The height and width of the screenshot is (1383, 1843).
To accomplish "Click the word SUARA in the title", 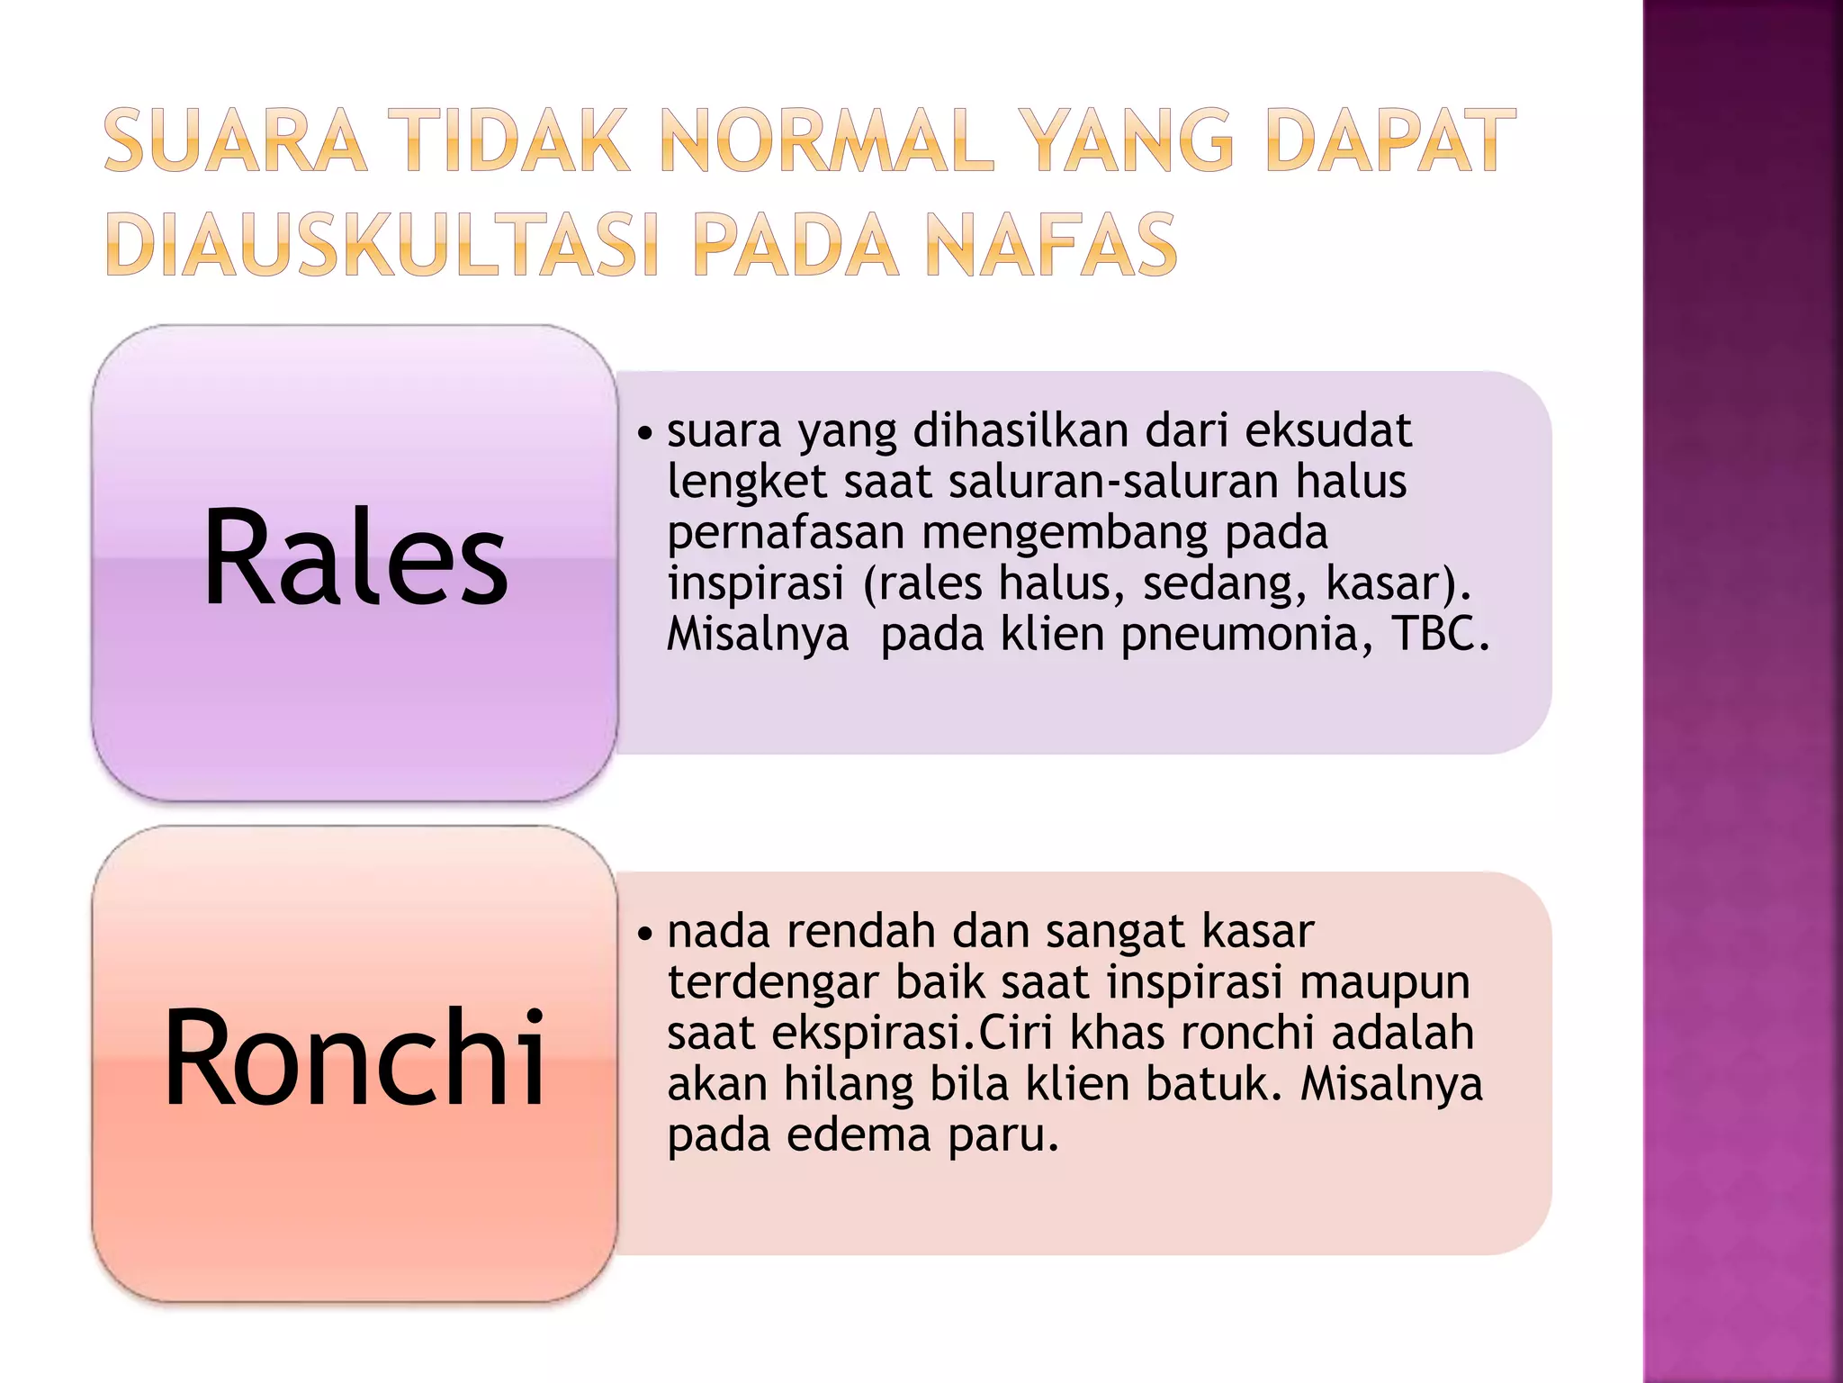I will [x=236, y=140].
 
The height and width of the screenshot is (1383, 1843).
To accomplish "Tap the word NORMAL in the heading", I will [x=827, y=140].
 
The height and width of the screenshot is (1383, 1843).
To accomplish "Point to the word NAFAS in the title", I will [x=1050, y=245].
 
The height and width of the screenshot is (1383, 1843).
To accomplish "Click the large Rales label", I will [x=355, y=559].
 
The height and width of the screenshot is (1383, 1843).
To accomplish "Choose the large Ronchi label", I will [x=355, y=1058].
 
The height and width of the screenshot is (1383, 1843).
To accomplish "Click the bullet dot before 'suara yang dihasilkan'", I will [x=643, y=434].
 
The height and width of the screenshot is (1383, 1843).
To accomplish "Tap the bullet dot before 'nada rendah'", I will [x=643, y=935].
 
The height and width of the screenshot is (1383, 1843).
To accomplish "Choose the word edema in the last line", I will [x=859, y=1134].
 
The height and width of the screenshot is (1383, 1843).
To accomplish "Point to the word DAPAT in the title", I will [x=1390, y=140].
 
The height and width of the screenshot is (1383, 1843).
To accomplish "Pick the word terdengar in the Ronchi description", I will [x=772, y=982].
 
